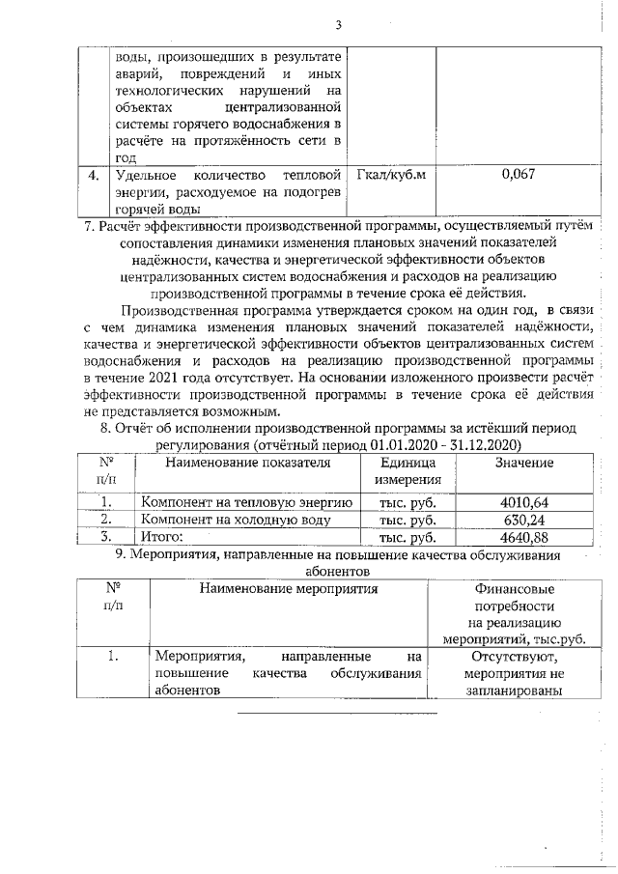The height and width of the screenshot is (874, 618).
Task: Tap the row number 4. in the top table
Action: pos(93,176)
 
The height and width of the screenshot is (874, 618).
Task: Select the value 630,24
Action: pos(527,520)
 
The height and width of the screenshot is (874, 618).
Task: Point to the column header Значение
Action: pos(524,463)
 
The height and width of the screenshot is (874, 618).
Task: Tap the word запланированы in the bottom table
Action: pos(513,691)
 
